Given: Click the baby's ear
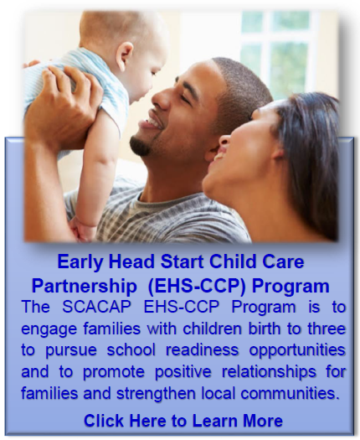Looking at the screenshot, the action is click(x=125, y=54).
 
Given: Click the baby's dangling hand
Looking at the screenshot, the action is click(x=82, y=230).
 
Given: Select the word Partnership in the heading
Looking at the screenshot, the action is click(x=84, y=287).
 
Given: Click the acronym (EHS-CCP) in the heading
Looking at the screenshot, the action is click(x=196, y=287).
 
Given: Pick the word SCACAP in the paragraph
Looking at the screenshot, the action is click(x=96, y=307).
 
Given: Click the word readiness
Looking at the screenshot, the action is click(x=202, y=350).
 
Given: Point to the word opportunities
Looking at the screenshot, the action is click(x=297, y=351).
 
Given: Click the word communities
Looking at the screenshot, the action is click(x=289, y=393).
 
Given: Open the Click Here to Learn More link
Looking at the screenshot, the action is click(x=183, y=421).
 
